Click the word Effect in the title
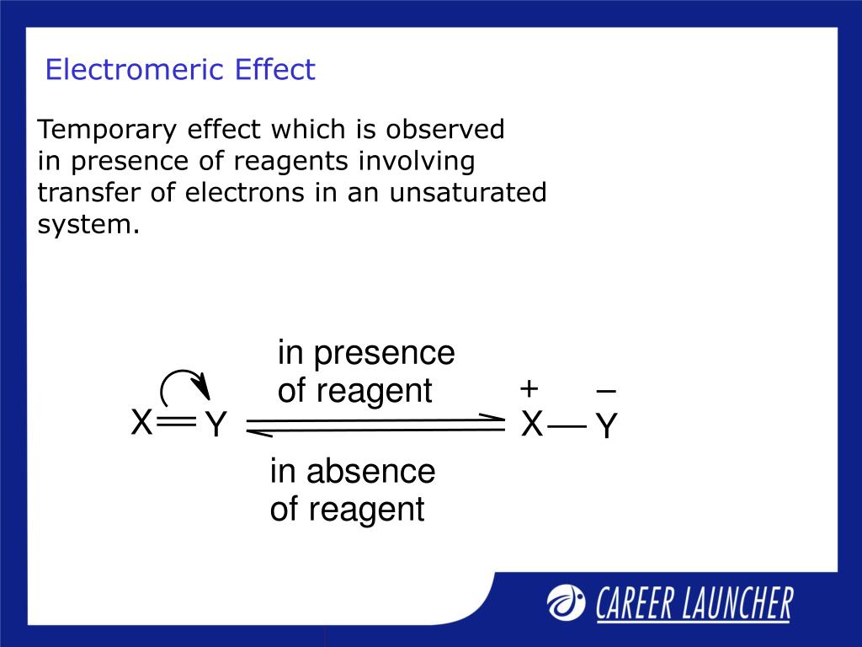[275, 69]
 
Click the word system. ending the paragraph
[88, 224]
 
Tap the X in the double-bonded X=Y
[141, 424]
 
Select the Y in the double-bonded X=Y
[216, 426]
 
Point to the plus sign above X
[529, 389]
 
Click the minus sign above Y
[605, 391]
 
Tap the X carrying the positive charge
[531, 425]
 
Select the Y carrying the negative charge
[606, 428]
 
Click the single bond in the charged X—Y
[567, 427]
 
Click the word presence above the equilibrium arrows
[384, 353]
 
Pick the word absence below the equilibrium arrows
[370, 472]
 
